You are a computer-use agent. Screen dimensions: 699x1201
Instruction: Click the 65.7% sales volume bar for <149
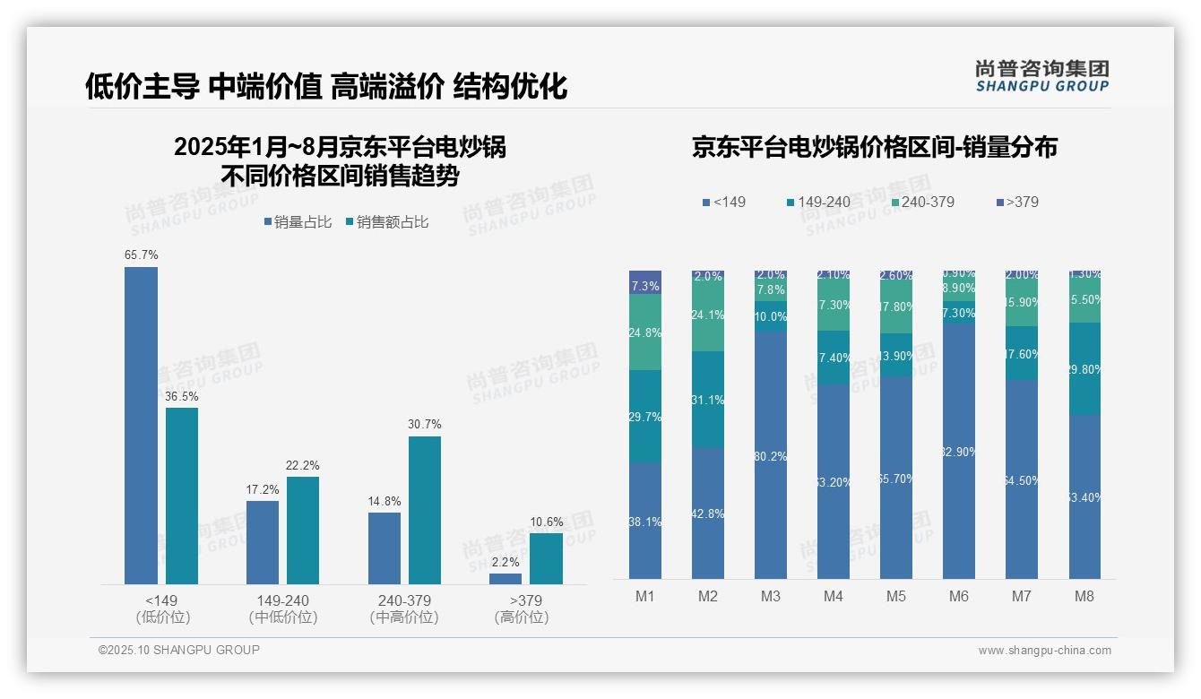click(141, 426)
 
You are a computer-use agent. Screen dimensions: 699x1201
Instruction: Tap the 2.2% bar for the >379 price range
click(505, 579)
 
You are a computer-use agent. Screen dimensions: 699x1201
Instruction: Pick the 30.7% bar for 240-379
click(425, 510)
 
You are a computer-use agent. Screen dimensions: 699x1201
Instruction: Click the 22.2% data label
click(303, 466)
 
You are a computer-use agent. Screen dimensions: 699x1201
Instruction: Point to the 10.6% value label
click(547, 522)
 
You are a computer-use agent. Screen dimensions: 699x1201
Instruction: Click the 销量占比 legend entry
click(298, 222)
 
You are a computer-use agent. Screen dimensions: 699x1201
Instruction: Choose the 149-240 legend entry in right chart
click(817, 202)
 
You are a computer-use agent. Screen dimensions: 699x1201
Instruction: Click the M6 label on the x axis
click(958, 597)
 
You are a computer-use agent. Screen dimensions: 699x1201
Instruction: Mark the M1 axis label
click(644, 597)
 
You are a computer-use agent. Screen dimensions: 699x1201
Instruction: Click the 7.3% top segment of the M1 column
click(645, 282)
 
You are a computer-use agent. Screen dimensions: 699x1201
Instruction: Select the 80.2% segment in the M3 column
click(771, 455)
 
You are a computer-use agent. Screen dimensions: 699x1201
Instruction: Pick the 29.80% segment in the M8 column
click(1084, 368)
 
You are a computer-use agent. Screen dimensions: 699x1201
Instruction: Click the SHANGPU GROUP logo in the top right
click(1041, 76)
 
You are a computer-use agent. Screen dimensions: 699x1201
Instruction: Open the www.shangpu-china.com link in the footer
click(1044, 651)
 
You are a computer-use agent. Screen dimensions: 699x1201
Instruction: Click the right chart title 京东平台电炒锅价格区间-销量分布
click(874, 147)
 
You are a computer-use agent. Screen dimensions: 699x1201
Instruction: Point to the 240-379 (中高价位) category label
click(404, 608)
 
